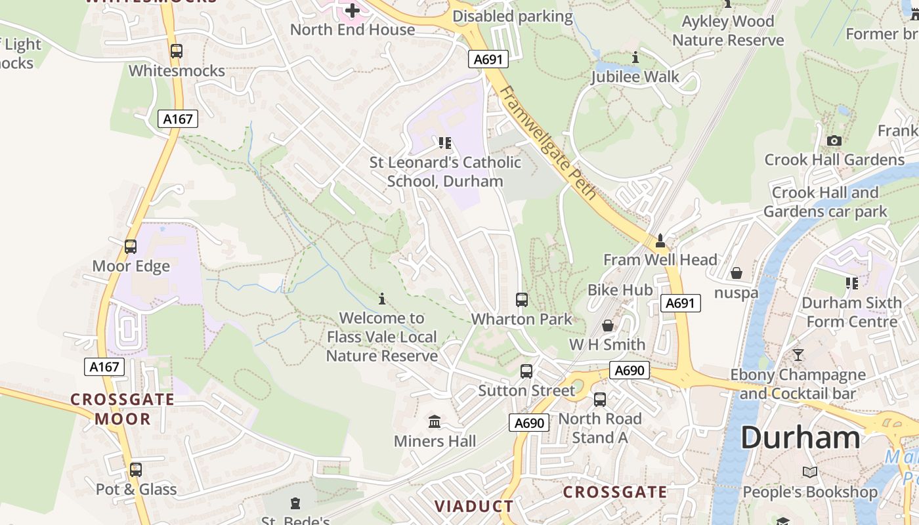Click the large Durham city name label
tap(800, 438)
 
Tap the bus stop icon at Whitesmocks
tap(176, 51)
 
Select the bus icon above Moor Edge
tap(131, 247)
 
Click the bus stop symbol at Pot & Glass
tap(135, 470)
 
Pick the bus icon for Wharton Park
tap(522, 300)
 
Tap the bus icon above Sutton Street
tap(526, 371)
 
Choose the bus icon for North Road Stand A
tap(599, 399)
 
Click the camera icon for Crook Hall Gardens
tap(834, 140)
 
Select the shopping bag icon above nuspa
tap(736, 272)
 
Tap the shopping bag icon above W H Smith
tap(608, 325)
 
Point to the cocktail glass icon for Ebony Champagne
tap(798, 355)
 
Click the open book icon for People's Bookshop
tap(810, 472)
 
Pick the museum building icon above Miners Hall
tap(435, 421)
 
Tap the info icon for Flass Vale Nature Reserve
tap(382, 299)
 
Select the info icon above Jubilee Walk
tap(635, 58)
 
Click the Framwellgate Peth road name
tap(547, 142)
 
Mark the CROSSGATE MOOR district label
tap(122, 409)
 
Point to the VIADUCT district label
tap(474, 506)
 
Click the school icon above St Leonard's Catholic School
tap(445, 142)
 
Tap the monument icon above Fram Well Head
tap(660, 241)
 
